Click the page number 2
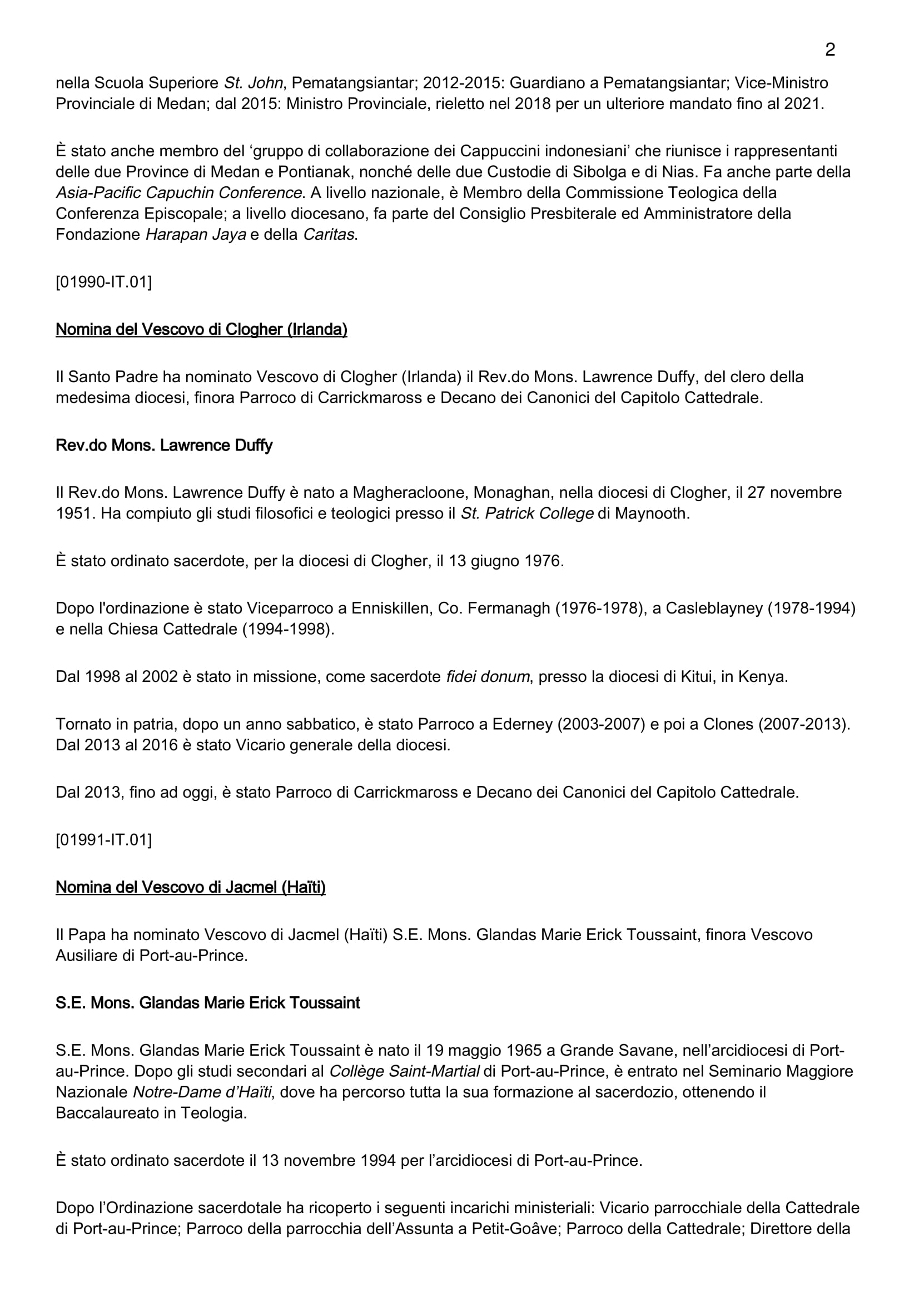[829, 50]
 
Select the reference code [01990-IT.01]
[103, 281]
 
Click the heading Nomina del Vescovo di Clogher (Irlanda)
[201, 329]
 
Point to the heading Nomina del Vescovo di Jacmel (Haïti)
[190, 887]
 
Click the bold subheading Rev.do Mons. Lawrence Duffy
[163, 445]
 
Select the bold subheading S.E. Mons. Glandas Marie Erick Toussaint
[207, 1002]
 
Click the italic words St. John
[253, 83]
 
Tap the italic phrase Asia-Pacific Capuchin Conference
[178, 192]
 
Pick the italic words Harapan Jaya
[195, 235]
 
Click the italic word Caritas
[329, 235]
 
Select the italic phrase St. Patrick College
[526, 513]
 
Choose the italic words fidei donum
[487, 676]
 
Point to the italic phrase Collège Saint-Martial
[404, 1071]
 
